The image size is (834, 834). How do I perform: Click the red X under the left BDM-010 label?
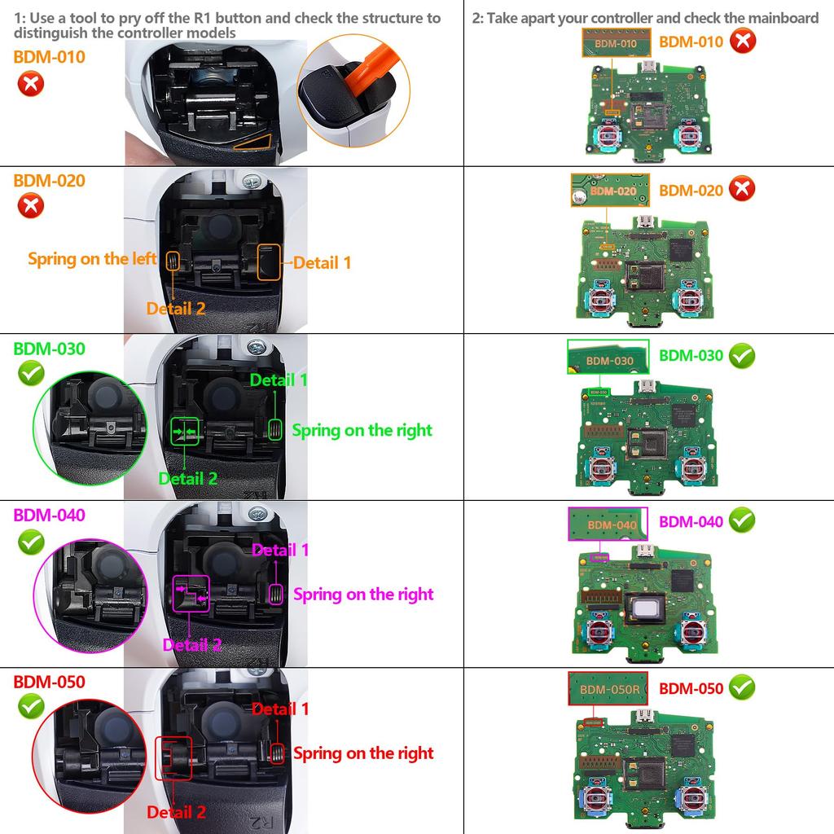coord(30,84)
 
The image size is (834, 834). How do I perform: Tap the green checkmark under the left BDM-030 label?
coord(30,375)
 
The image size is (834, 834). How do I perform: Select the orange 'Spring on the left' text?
coord(92,259)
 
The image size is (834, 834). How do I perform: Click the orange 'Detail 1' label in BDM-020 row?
coord(323,262)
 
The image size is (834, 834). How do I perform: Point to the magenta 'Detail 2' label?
coord(192,645)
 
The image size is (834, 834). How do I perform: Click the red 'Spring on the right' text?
coord(363,753)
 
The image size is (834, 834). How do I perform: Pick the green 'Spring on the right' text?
coord(362,430)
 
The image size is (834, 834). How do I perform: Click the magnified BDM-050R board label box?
coord(608,689)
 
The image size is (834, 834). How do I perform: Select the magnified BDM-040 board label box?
coord(608,525)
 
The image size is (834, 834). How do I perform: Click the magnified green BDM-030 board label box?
coord(608,358)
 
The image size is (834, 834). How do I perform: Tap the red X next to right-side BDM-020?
coord(742,189)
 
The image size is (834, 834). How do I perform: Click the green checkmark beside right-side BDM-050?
coord(742,688)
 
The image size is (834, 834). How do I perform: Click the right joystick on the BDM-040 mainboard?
coord(694,632)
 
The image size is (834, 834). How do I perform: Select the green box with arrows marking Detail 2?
coord(184,431)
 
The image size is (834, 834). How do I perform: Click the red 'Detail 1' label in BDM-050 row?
coord(280,709)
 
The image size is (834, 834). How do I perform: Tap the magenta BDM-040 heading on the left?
coord(49,515)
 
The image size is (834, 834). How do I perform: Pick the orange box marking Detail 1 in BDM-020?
coord(269,261)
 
